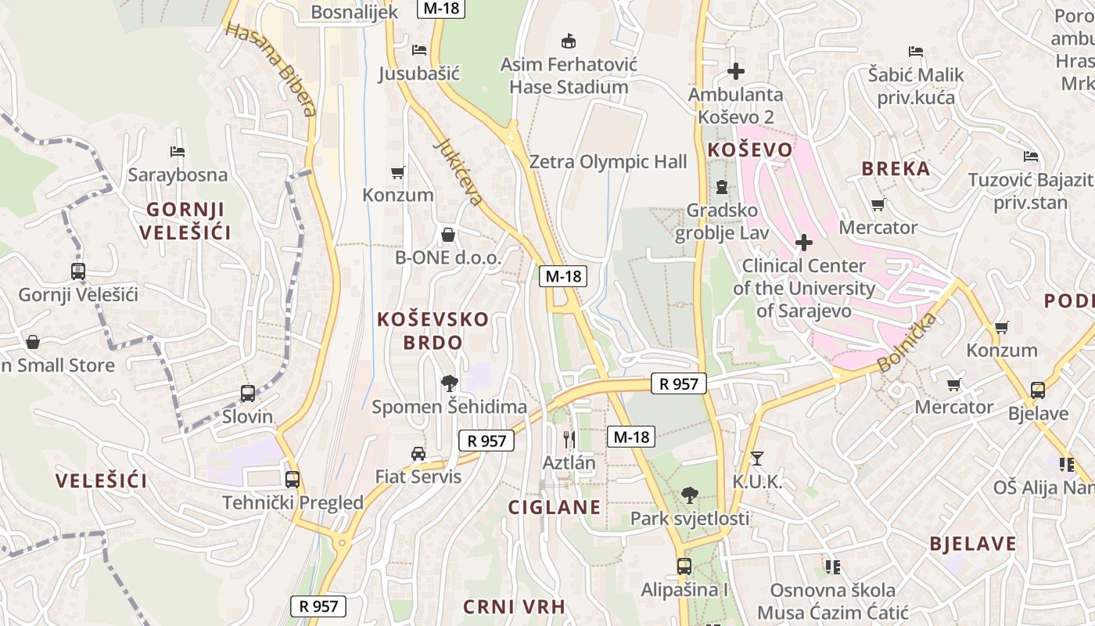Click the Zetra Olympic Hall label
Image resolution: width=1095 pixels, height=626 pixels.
click(x=608, y=162)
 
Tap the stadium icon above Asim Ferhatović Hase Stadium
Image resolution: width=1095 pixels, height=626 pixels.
click(x=569, y=41)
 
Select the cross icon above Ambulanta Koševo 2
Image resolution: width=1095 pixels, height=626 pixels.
click(x=735, y=71)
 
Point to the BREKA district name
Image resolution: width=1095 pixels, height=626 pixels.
click(x=896, y=169)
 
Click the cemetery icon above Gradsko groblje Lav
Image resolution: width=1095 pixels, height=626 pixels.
click(x=721, y=187)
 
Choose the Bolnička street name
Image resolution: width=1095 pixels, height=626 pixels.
click(x=907, y=342)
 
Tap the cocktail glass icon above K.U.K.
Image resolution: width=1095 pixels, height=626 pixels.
click(x=756, y=459)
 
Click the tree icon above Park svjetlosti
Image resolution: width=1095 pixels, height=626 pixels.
click(x=689, y=495)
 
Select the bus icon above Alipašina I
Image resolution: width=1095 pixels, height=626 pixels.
click(x=684, y=566)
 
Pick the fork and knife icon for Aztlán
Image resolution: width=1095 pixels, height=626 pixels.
click(x=569, y=439)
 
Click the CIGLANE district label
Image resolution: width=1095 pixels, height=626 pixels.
click(x=555, y=507)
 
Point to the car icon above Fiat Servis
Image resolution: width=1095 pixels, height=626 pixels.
click(x=418, y=454)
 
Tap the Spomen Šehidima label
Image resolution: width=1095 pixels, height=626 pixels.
click(x=449, y=407)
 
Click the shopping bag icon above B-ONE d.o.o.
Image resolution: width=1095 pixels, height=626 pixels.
click(x=448, y=235)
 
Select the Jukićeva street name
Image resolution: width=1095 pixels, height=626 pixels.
click(x=458, y=172)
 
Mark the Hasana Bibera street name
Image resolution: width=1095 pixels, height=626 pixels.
click(x=271, y=69)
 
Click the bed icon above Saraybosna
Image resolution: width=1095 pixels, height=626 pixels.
click(x=178, y=151)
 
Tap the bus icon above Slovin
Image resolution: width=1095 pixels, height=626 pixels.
click(x=248, y=393)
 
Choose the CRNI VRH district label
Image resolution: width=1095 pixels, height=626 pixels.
click(x=514, y=606)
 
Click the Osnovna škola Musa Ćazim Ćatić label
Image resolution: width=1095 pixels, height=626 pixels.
click(x=832, y=601)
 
